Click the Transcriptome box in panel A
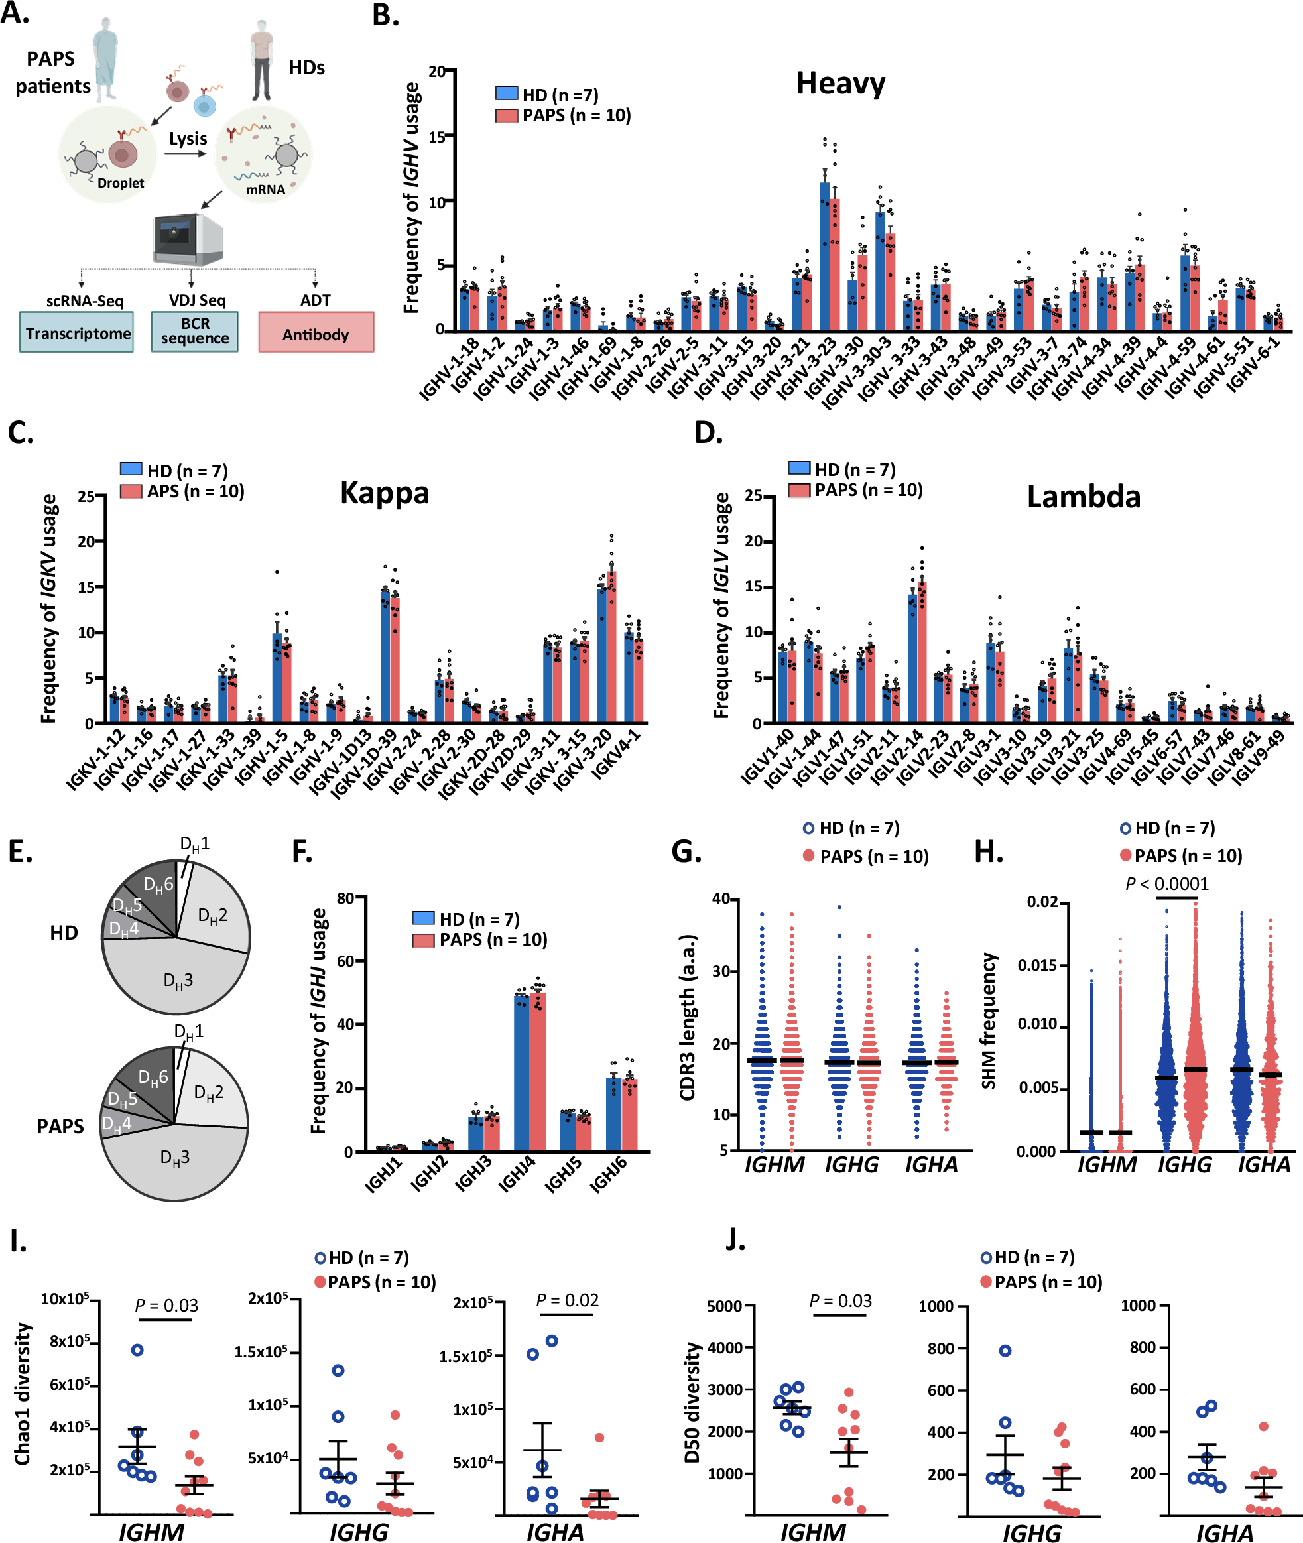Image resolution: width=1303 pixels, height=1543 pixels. (77, 332)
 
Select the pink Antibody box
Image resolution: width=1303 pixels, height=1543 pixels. (316, 333)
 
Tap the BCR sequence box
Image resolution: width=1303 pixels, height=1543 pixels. (195, 331)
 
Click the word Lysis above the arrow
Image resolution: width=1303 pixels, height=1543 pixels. (188, 138)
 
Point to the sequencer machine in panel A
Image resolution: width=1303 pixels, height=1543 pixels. (187, 239)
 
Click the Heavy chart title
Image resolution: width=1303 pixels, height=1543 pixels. (840, 84)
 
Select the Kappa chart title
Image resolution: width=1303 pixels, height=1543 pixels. (384, 493)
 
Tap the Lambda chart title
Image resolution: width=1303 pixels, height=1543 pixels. (1083, 497)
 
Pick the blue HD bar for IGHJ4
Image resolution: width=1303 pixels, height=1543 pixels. (521, 1074)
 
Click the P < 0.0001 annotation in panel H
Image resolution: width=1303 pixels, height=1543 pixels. (1166, 883)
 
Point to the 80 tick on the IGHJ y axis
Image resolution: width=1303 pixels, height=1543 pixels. (345, 898)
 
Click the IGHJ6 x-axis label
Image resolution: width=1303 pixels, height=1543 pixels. (608, 1174)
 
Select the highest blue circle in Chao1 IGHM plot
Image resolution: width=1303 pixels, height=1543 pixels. (137, 1350)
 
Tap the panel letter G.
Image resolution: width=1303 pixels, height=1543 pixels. (685, 851)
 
